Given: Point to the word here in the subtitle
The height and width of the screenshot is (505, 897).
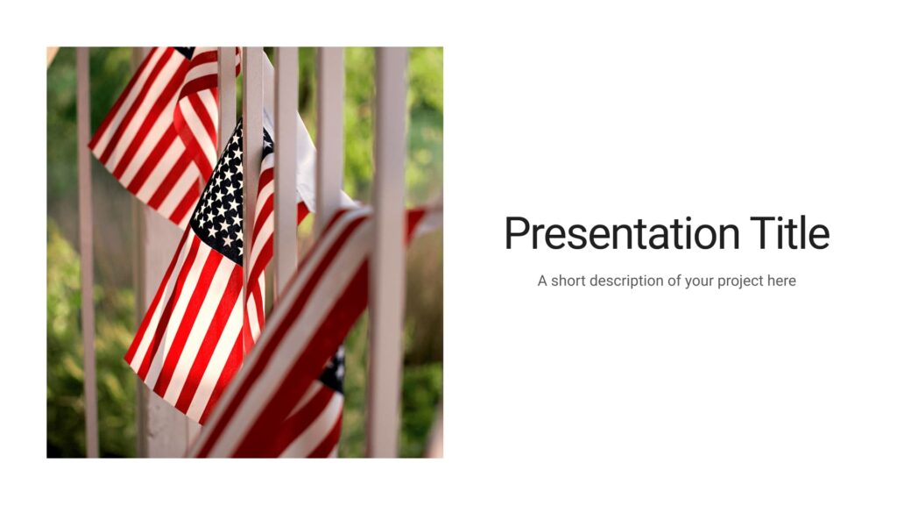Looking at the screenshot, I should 780,281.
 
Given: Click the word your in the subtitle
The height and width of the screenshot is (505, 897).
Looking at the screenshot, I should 702,281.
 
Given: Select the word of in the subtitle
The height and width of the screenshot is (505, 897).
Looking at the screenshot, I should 677,281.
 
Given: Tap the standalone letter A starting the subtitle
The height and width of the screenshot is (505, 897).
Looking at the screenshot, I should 542,281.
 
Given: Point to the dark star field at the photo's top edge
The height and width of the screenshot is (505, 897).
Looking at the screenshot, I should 184,52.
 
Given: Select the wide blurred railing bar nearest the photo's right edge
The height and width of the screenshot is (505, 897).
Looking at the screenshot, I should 388,263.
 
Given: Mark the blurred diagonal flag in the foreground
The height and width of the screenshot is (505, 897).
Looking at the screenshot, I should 298,351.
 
